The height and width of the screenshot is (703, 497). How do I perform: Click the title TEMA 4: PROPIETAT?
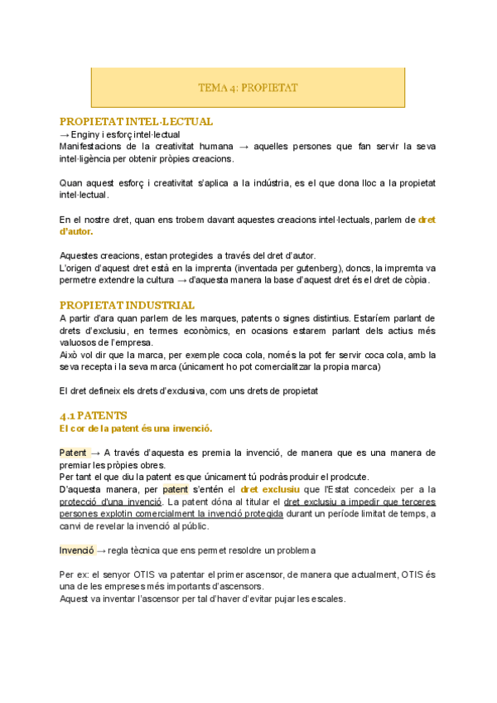(x=248, y=87)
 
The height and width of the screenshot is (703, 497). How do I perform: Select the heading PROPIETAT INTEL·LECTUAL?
(x=137, y=121)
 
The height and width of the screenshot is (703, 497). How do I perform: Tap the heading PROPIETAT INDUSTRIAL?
(x=128, y=305)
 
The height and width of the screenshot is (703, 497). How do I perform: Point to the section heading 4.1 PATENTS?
(x=94, y=415)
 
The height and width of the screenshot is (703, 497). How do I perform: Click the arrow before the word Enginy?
(x=65, y=134)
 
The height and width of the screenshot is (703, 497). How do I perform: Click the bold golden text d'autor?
(x=77, y=231)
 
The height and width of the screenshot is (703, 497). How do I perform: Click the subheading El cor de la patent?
(x=136, y=428)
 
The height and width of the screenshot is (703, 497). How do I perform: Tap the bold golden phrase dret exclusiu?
(x=269, y=489)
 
